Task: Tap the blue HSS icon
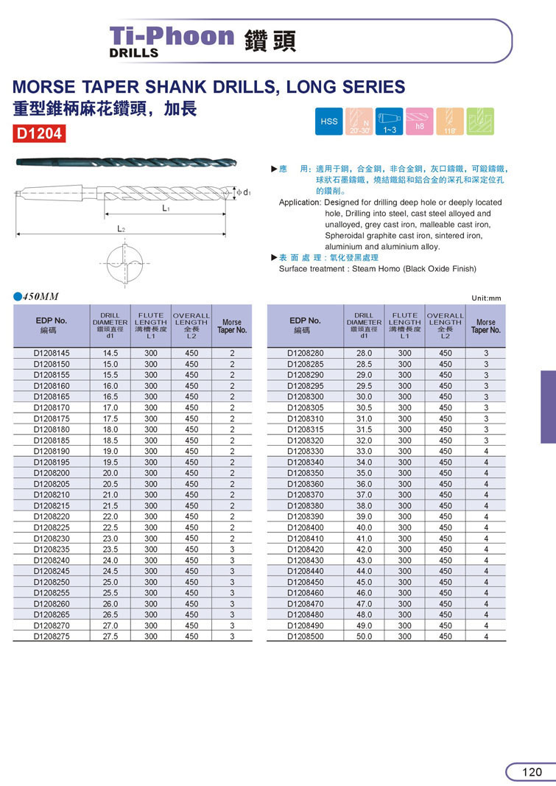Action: coord(328,121)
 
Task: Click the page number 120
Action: coord(532,772)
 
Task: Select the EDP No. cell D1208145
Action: coord(52,353)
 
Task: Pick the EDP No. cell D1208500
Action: coord(305,636)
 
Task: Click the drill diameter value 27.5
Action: coord(110,636)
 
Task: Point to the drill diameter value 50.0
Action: coord(364,636)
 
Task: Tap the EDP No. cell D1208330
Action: coord(305,451)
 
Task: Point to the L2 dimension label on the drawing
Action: coord(122,229)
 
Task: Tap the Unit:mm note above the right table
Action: coord(486,298)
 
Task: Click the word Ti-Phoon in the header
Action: coord(171,36)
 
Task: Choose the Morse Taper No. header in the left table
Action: coord(232,326)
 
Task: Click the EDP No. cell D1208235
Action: coord(52,549)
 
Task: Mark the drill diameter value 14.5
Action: coord(110,353)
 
